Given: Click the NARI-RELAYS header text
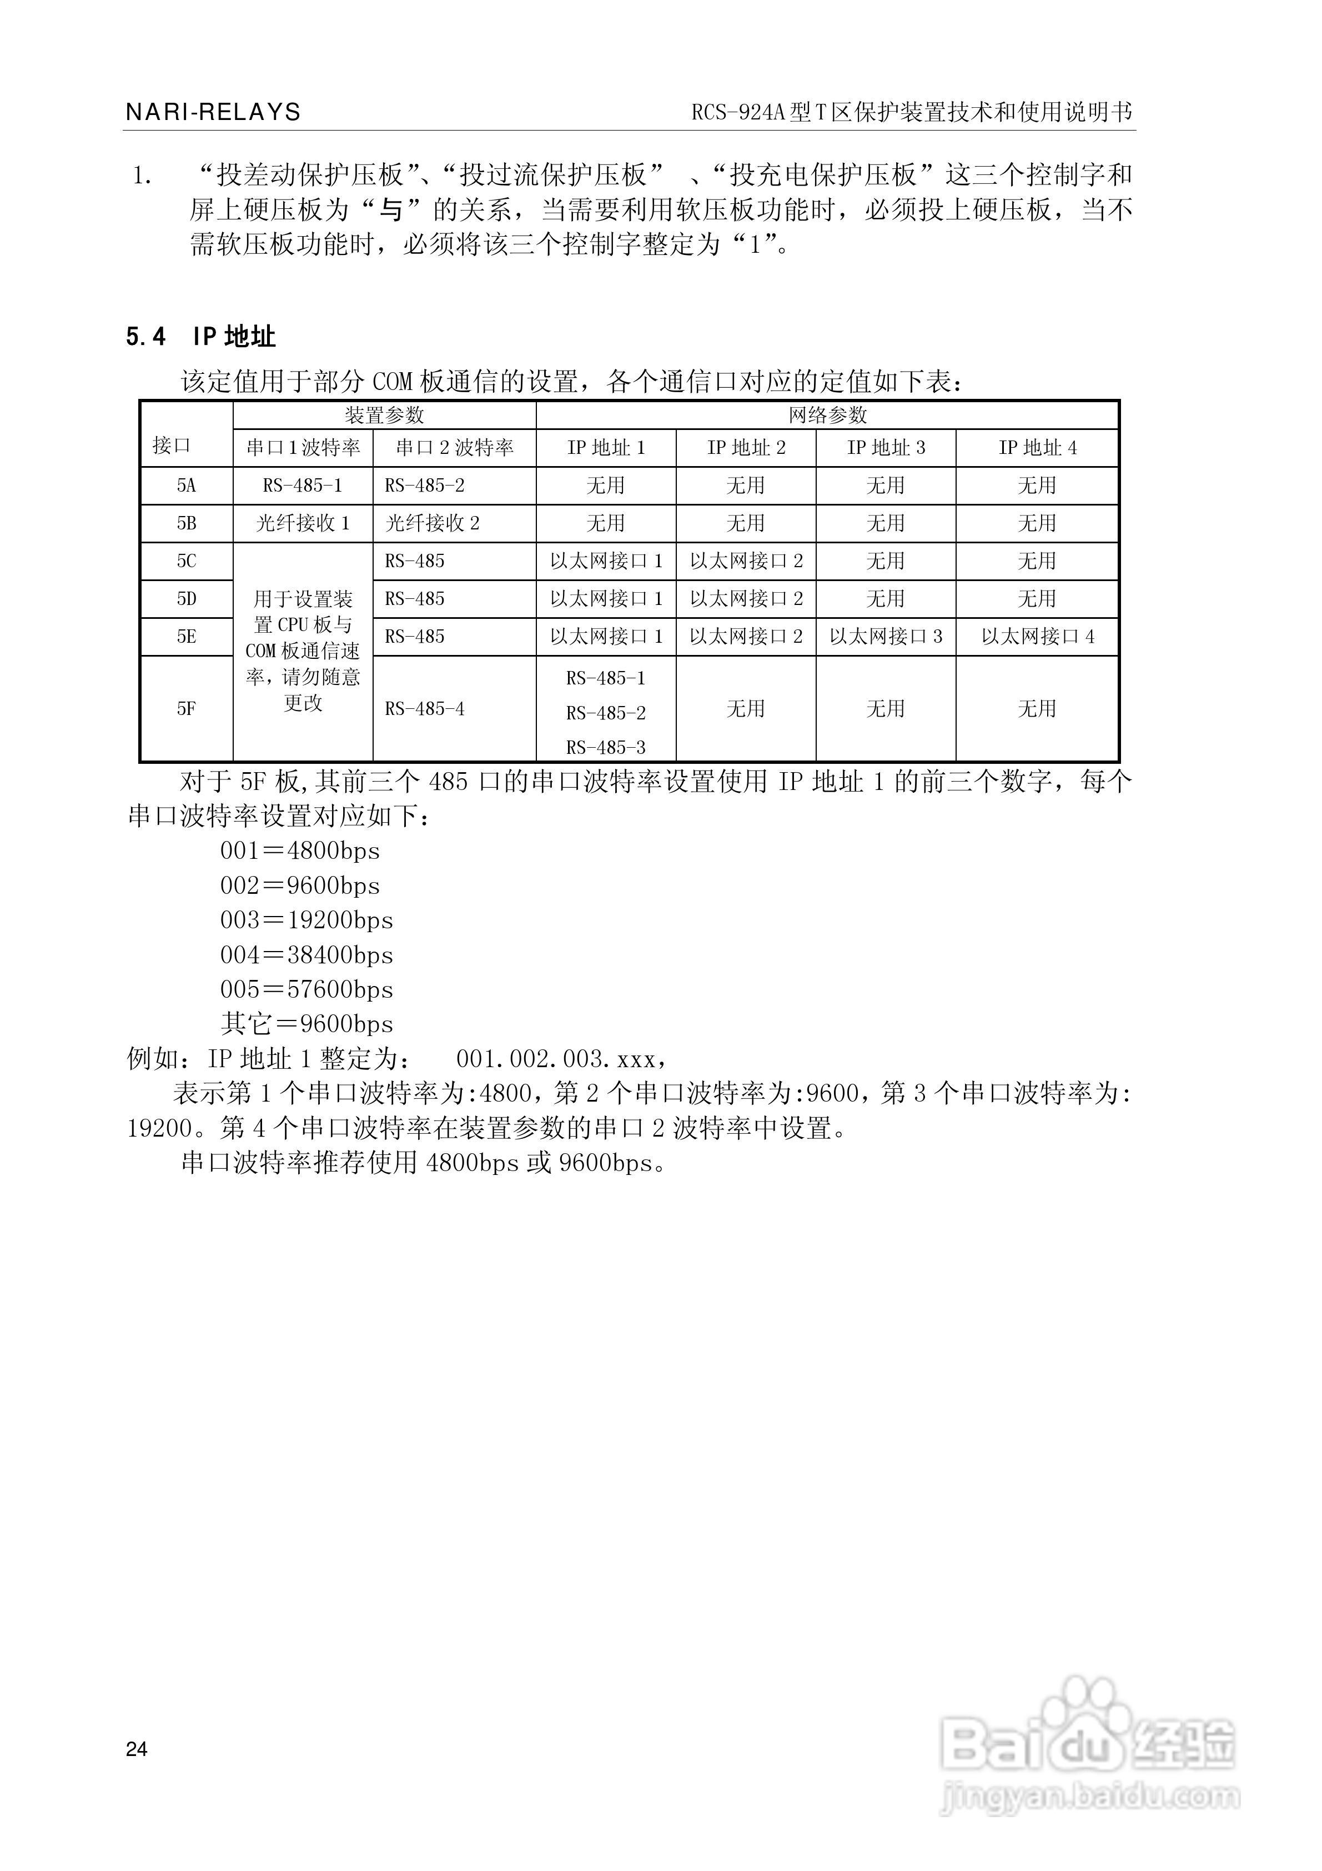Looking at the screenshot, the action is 213,112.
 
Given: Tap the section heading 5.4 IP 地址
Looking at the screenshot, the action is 200,337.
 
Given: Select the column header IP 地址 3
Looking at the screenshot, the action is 886,447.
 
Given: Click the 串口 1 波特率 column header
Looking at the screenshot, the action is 303,447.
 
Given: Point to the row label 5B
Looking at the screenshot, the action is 187,523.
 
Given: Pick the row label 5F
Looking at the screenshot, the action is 187,708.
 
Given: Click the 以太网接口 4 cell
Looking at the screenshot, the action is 1037,637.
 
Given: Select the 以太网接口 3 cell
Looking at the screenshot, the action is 886,637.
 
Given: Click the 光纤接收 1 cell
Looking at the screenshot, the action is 303,523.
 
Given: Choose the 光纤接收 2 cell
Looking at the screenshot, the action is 433,523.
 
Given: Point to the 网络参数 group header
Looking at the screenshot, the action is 828,415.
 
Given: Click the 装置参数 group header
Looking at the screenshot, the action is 384,415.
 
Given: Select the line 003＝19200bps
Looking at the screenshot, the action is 306,920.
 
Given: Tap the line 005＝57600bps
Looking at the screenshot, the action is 306,989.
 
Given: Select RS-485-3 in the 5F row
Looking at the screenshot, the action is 605,747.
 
